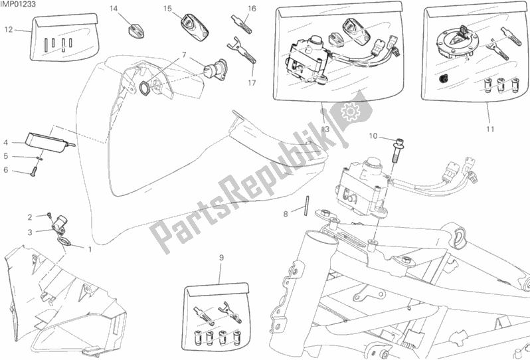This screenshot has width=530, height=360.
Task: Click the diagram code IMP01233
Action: (18, 4)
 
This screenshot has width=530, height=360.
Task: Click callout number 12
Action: (9, 30)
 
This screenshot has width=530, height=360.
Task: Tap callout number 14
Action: (114, 9)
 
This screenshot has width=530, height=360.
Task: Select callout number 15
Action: (167, 9)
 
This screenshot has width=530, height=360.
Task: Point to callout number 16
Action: (252, 9)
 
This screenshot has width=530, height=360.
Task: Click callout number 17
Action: (252, 83)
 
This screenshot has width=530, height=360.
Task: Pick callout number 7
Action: (184, 54)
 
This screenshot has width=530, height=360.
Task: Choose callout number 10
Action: (373, 136)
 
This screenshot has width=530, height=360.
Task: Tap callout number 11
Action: (490, 129)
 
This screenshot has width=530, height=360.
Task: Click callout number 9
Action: (221, 258)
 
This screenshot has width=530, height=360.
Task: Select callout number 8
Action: (286, 214)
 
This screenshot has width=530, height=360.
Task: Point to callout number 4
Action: (6, 143)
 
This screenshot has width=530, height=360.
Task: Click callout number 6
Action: (6, 169)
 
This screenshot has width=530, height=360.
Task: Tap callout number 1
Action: (90, 250)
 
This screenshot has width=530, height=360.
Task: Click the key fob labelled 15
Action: (195, 27)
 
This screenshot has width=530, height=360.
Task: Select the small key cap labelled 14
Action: (136, 30)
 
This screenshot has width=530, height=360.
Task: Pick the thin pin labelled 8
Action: (307, 205)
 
